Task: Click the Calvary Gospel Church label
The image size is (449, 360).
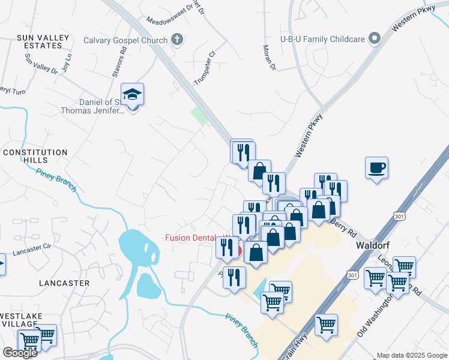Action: tap(125, 40)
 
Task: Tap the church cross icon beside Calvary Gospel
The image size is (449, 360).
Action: tap(176, 40)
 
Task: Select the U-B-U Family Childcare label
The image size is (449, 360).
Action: tap(322, 39)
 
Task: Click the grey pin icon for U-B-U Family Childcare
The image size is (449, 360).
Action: tap(375, 39)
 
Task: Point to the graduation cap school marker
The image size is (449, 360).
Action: tap(132, 95)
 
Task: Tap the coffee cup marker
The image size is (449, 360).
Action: tap(376, 168)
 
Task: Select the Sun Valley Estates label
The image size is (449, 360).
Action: tap(40, 41)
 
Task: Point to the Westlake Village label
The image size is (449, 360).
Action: tap(23, 319)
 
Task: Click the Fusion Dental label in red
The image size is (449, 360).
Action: tap(193, 238)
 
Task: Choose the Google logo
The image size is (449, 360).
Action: tap(20, 353)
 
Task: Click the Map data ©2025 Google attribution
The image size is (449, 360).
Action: tap(412, 355)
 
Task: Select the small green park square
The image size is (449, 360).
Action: tap(199, 116)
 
